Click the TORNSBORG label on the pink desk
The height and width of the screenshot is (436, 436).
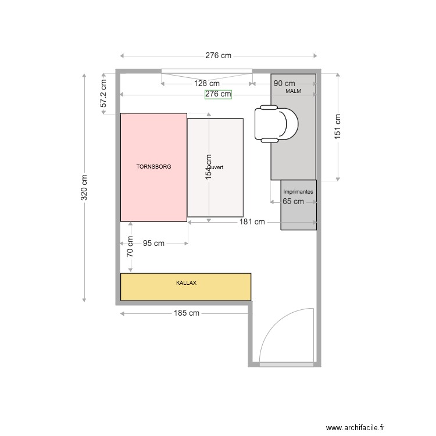[153, 167]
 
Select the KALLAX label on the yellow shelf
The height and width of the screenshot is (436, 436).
[186, 283]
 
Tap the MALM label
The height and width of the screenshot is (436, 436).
[293, 92]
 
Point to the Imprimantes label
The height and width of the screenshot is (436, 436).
[298, 191]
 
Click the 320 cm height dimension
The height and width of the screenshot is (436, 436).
[84, 188]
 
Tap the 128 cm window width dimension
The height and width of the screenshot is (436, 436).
[206, 84]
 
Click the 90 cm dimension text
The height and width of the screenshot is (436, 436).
[284, 84]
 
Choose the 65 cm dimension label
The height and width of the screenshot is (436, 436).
[293, 202]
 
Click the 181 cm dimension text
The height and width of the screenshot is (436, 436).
[252, 221]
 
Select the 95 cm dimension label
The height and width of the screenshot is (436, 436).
[153, 244]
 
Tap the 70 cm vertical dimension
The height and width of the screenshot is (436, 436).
[130, 246]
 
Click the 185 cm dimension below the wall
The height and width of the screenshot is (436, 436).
[186, 313]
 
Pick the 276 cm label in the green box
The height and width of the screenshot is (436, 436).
[218, 94]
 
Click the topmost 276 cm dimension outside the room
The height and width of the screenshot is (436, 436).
[218, 56]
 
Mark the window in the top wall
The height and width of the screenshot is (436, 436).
[206, 72]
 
